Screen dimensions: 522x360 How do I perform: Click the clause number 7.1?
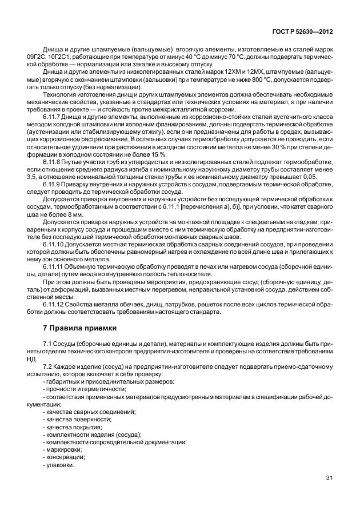(48, 342)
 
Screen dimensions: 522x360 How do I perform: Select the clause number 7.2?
(48, 365)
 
